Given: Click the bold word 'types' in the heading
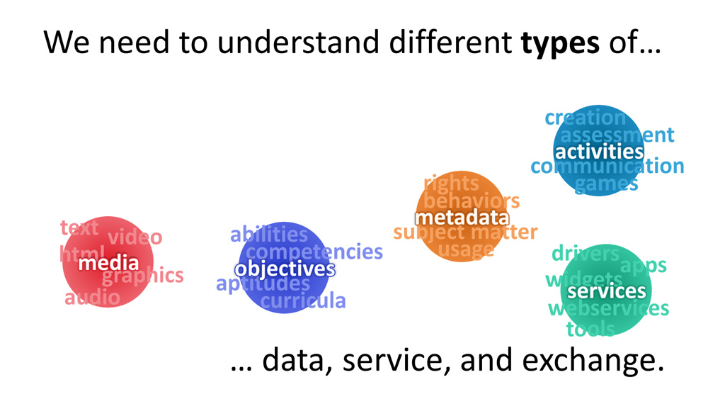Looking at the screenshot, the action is [560, 44].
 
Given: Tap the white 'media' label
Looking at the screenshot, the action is [108, 263].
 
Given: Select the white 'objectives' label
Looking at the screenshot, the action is [285, 269].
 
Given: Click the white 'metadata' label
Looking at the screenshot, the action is [462, 218].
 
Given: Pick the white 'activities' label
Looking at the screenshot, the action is [599, 152].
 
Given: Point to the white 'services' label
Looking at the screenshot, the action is [607, 291].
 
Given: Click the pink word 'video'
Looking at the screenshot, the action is [135, 237].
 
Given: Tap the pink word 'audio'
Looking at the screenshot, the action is [93, 298].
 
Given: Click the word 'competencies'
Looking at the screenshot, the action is [314, 252].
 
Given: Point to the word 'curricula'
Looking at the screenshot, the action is [303, 300].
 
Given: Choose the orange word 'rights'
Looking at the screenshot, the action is [452, 184].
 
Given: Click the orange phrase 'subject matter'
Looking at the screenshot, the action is [466, 232].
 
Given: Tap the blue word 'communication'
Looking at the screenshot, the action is [607, 166].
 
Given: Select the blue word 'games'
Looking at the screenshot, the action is [607, 184].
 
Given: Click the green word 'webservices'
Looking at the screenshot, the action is [608, 308].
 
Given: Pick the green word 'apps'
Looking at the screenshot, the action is [644, 266].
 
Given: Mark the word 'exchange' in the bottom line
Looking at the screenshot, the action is [593, 360].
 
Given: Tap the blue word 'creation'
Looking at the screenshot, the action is [586, 118].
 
